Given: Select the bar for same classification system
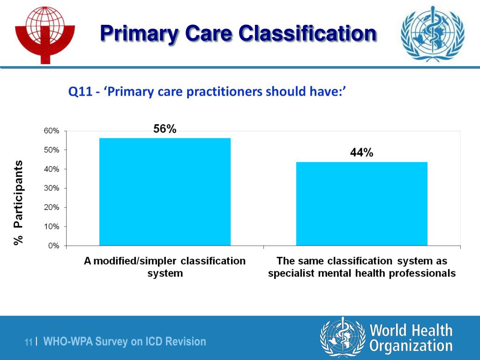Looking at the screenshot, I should point(361,203).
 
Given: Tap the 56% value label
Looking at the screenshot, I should point(165,129).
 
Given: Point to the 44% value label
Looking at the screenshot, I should point(361,153).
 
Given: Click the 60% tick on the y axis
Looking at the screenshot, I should point(52,131).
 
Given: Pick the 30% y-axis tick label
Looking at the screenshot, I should point(52,188).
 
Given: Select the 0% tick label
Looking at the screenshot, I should point(53,246).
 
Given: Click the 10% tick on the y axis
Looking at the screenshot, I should point(52,226).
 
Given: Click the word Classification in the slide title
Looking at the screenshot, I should point(307,34).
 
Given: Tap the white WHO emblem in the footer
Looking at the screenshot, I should point(342,338).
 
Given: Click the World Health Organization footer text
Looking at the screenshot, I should point(411,338).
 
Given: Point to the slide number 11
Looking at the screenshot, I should point(29,343).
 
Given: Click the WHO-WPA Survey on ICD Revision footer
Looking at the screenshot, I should point(125,342).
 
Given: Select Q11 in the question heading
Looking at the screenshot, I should point(80,92).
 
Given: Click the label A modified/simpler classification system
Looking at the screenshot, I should point(165,267).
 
